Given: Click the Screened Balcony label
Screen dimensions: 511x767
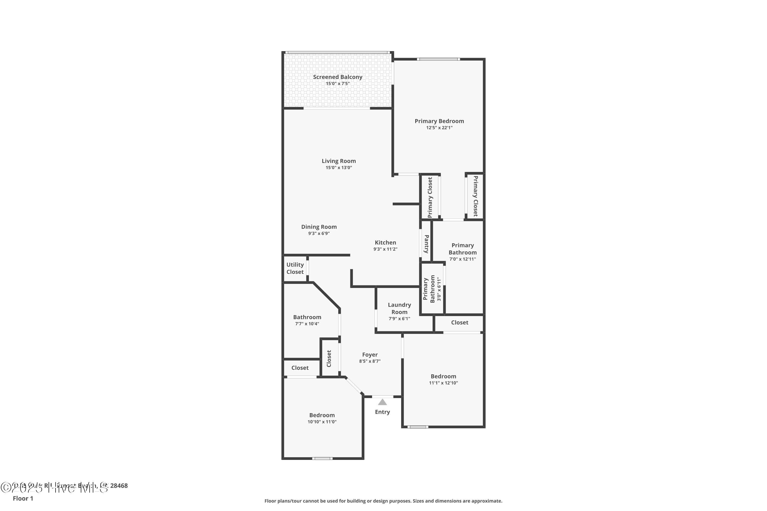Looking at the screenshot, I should pyautogui.click(x=337, y=77).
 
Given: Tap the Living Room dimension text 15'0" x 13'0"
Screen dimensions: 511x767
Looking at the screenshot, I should pyautogui.click(x=339, y=168).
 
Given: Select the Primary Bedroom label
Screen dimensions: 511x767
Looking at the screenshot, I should pyautogui.click(x=439, y=121).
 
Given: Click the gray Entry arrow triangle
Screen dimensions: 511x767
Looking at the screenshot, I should pyautogui.click(x=382, y=402).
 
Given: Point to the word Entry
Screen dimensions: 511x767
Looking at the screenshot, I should pyautogui.click(x=382, y=412).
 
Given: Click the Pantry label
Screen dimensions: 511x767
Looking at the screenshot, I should pyautogui.click(x=426, y=244).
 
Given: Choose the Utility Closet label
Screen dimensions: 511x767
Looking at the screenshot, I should pyautogui.click(x=295, y=268).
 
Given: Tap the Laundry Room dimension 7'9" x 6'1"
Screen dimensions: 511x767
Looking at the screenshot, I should pyautogui.click(x=399, y=318).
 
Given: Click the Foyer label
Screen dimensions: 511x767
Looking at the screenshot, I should pyautogui.click(x=370, y=355).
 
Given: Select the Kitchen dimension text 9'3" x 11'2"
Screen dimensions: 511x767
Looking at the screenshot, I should pyautogui.click(x=385, y=249).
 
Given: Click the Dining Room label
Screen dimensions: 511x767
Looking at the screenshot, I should pyautogui.click(x=319, y=227).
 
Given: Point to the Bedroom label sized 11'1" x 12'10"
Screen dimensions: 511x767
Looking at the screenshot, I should pyautogui.click(x=443, y=376).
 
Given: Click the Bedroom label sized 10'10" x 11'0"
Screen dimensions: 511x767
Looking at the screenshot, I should pyautogui.click(x=322, y=415).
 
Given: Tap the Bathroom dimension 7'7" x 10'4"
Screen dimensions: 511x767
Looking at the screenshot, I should pyautogui.click(x=307, y=324).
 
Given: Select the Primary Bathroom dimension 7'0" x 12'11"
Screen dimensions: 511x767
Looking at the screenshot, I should pyautogui.click(x=463, y=259).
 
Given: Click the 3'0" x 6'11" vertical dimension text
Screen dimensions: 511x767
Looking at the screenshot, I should pyautogui.click(x=439, y=289).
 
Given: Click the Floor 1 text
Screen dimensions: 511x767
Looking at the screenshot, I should pyautogui.click(x=23, y=498).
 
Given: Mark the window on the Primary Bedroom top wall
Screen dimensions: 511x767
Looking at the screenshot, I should pyautogui.click(x=438, y=59).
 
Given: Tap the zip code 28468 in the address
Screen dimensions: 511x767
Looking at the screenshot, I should pyautogui.click(x=119, y=486).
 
